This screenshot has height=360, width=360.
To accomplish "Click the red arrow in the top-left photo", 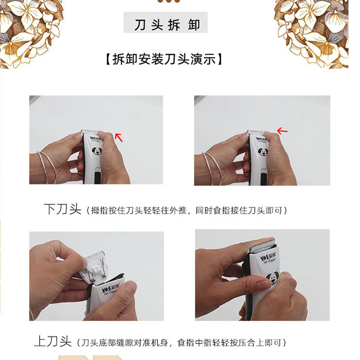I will tap(119, 137).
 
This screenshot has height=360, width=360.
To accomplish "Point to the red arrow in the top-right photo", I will tap(282, 131).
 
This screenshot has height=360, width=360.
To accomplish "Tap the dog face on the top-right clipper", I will tap(263, 153).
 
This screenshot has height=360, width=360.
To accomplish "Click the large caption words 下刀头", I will tap(62, 210).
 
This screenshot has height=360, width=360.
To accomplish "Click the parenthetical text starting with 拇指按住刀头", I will tap(188, 211).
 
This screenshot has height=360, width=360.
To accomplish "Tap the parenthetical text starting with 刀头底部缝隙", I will tap(182, 342).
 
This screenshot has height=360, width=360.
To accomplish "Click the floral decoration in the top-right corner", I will tap(319, 29).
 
